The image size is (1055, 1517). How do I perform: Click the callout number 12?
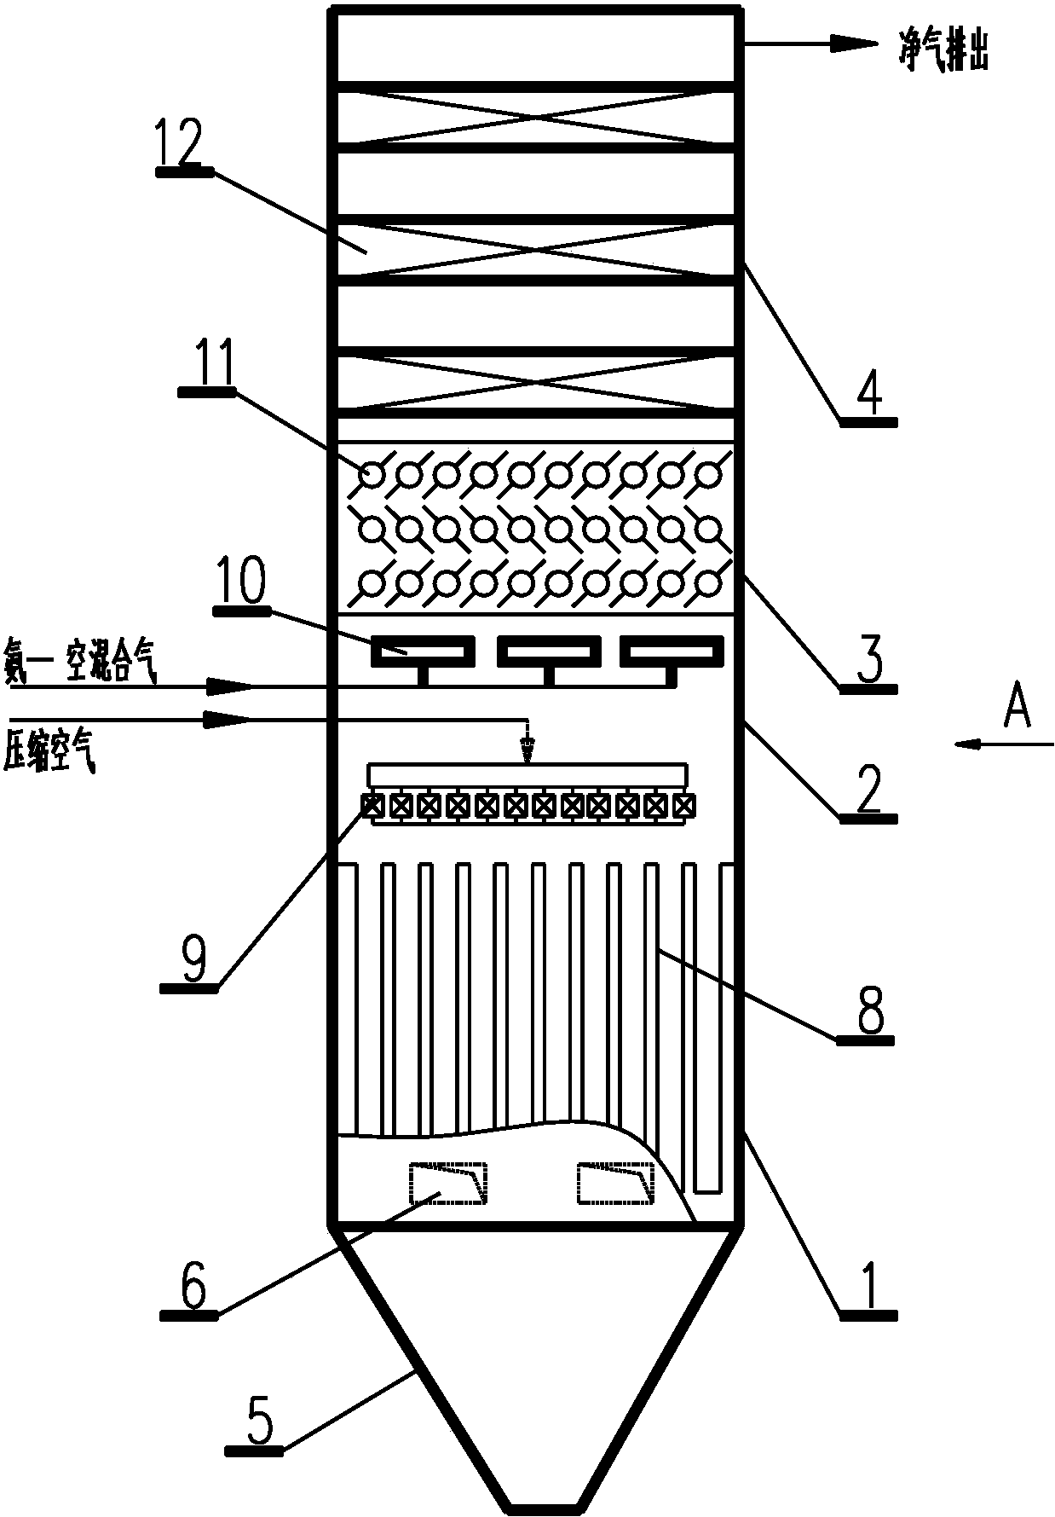(182, 143)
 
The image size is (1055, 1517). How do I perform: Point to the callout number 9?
(193, 958)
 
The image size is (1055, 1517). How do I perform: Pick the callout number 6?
(193, 1286)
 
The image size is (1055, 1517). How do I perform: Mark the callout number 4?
(868, 393)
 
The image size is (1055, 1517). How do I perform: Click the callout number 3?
(868, 660)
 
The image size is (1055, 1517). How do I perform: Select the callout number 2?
(868, 790)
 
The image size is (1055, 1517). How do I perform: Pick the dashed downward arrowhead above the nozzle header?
(528, 750)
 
